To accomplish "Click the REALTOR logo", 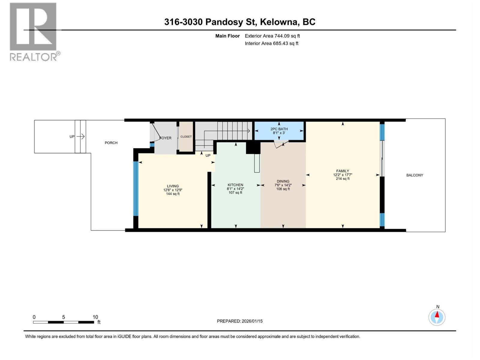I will click(34, 31).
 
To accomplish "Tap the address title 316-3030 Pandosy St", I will click(239, 22).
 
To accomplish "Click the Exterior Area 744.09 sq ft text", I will click(272, 36).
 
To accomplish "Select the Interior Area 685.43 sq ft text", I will click(271, 43).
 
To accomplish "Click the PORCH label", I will click(111, 143).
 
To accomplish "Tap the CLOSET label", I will click(186, 137).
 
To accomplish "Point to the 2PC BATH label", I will click(279, 129).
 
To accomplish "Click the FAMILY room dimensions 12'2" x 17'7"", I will click(343, 175).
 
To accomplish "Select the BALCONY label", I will click(415, 175).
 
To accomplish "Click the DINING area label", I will click(283, 181).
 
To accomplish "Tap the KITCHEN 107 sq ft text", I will click(235, 193).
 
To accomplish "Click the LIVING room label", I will click(173, 186).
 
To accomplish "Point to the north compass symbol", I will click(437, 317).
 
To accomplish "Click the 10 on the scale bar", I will click(95, 317).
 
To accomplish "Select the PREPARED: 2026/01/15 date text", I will click(240, 321).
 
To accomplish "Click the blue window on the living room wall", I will click(136, 188).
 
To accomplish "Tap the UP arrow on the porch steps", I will click(80, 137).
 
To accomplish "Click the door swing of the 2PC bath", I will click(281, 145).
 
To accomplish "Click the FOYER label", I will click(166, 138).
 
